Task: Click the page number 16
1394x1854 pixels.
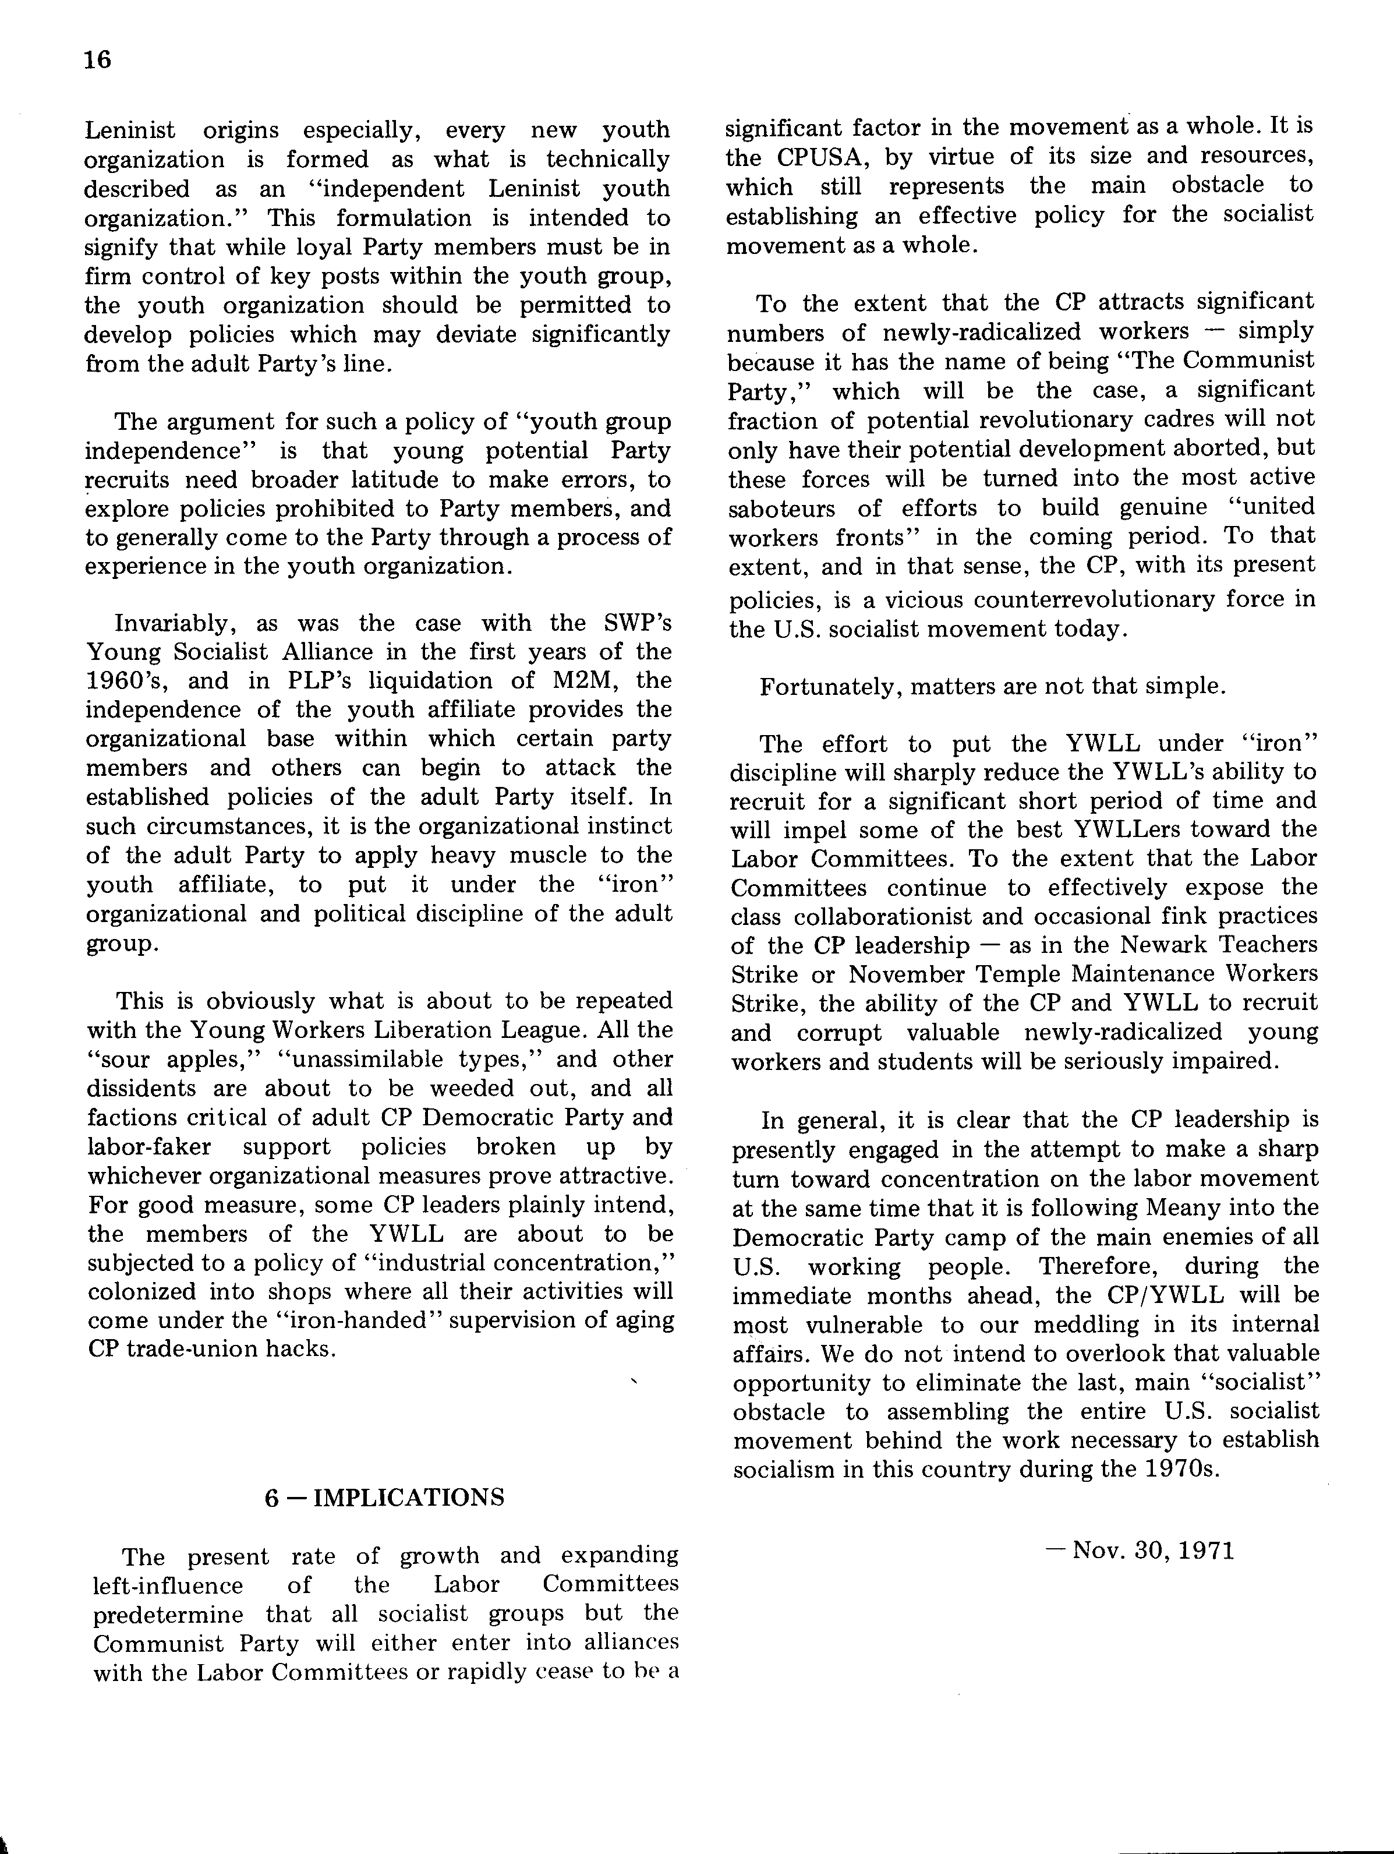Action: click(97, 59)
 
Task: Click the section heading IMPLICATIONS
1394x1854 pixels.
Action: click(408, 1497)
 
